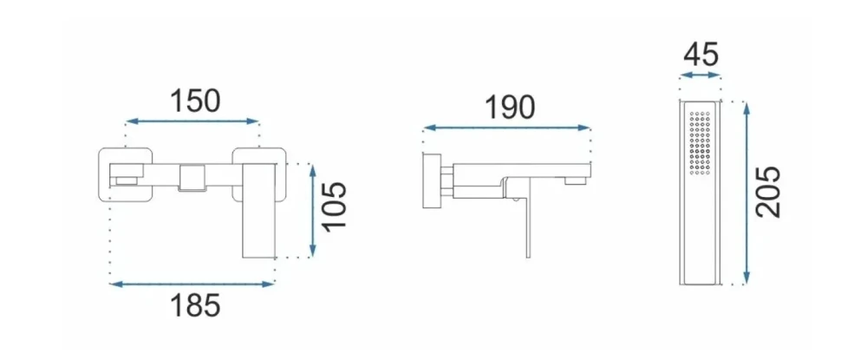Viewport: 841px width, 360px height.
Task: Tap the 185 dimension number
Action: [x=195, y=306]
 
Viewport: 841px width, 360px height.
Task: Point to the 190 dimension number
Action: [x=510, y=108]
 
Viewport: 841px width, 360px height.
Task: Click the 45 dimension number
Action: [x=701, y=54]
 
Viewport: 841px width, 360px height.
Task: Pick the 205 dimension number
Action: [x=768, y=192]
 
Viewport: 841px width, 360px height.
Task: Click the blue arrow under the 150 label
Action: [x=192, y=121]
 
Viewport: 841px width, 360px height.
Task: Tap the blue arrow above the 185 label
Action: [x=192, y=285]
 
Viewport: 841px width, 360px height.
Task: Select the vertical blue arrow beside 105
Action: [x=313, y=210]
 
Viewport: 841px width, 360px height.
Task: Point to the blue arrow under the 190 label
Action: [x=506, y=128]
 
